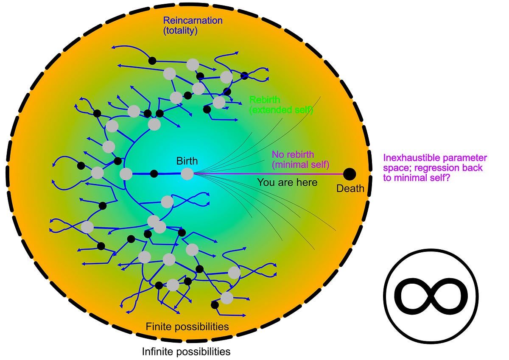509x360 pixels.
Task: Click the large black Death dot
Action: [350, 174]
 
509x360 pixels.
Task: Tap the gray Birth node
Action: [187, 174]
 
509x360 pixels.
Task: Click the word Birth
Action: [187, 161]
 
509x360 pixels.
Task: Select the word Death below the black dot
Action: [350, 188]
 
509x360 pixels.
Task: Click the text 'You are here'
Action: [287, 183]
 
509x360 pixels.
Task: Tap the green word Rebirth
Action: [265, 100]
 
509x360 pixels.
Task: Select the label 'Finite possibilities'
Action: [187, 327]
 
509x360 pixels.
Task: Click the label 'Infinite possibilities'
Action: [186, 352]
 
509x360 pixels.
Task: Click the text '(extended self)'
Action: [281, 110]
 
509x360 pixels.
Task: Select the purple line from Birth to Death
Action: [271, 174]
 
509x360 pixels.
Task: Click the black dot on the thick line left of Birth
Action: [154, 173]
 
